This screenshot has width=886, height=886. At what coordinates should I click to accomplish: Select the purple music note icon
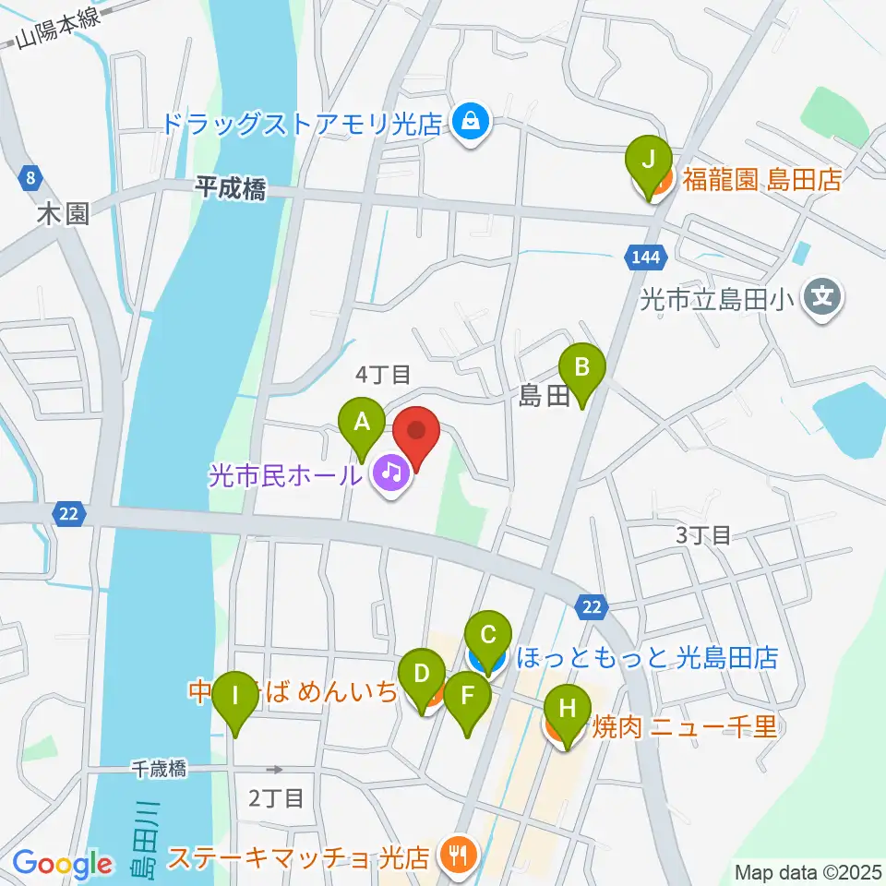pos(392,475)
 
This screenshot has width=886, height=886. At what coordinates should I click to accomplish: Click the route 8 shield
pos(31,174)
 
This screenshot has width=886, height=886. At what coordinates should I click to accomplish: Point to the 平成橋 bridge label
pos(230,190)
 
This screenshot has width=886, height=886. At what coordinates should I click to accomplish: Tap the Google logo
pos(62,864)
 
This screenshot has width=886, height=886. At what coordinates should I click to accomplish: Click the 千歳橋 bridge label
pos(158,768)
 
